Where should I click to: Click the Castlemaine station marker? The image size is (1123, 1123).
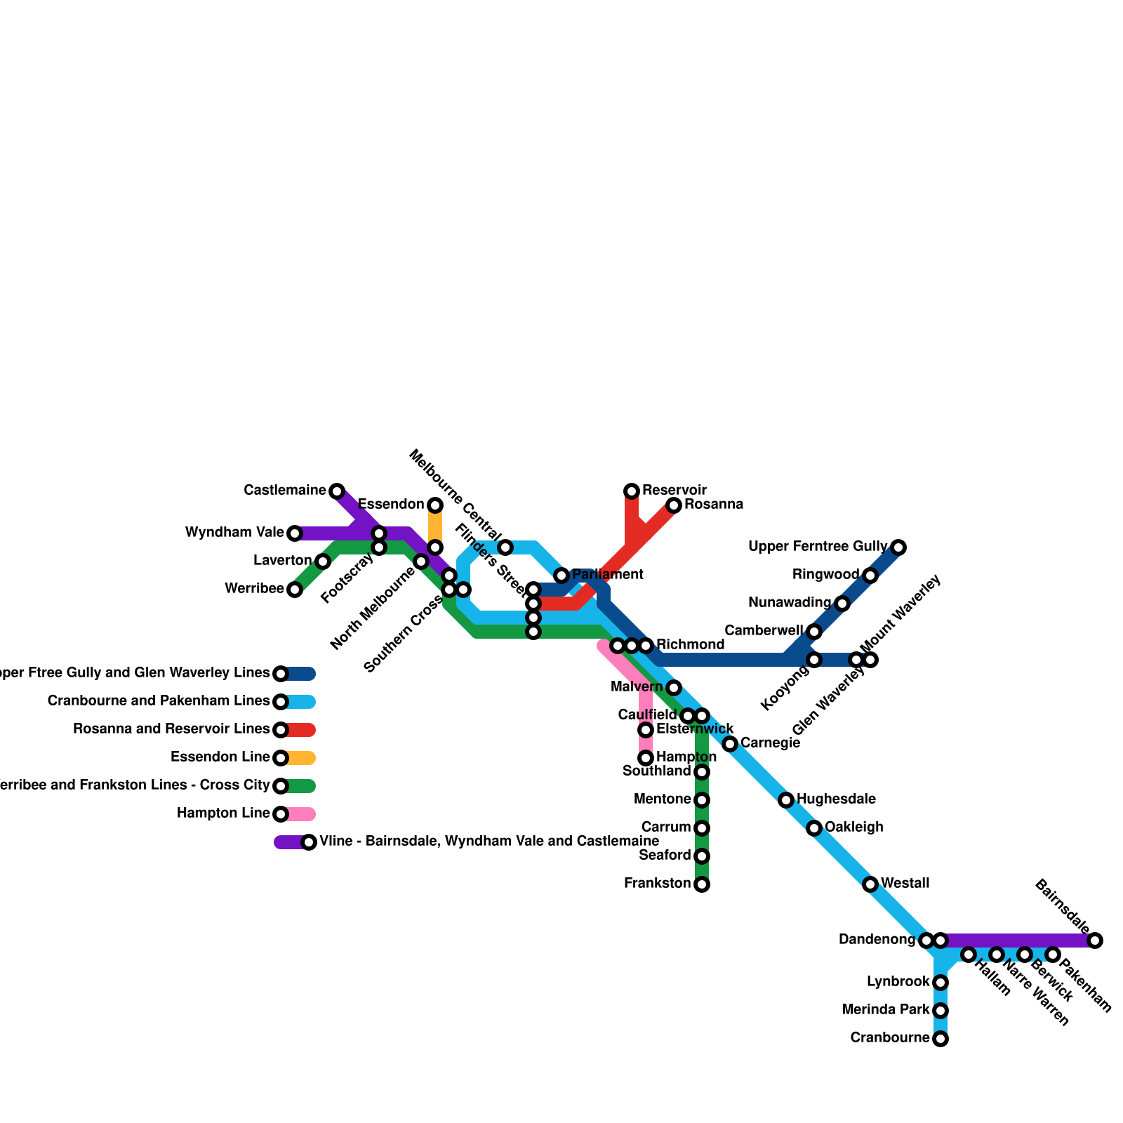pos(337,491)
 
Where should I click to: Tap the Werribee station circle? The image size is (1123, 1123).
pos(295,590)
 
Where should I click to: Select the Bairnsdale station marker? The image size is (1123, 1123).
pos(1095,941)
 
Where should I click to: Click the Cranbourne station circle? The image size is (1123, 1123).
pos(941,1039)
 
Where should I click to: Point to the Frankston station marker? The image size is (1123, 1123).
pos(702,884)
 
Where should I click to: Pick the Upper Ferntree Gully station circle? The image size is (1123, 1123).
pos(898,547)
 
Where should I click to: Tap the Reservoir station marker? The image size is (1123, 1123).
pos(632,491)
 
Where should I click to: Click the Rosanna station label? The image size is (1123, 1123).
pos(713,505)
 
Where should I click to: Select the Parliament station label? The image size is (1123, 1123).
pos(608,575)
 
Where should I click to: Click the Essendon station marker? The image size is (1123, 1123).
pos(435,505)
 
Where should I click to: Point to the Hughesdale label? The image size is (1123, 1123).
pos(836,799)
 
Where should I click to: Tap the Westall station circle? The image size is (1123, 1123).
pos(870,884)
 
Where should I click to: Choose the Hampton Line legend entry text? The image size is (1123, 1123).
pos(223,813)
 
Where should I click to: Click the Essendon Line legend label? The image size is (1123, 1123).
pos(220,757)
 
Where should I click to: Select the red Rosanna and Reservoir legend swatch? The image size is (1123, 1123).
pos(301,730)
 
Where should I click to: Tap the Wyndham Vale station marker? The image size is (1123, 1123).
pos(295,533)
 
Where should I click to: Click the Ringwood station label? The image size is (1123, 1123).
pos(825,575)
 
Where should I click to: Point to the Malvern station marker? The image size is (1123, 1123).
pos(674,688)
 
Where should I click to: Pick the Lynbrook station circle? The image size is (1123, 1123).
pos(941,983)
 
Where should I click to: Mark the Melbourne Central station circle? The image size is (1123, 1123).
pos(505,547)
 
